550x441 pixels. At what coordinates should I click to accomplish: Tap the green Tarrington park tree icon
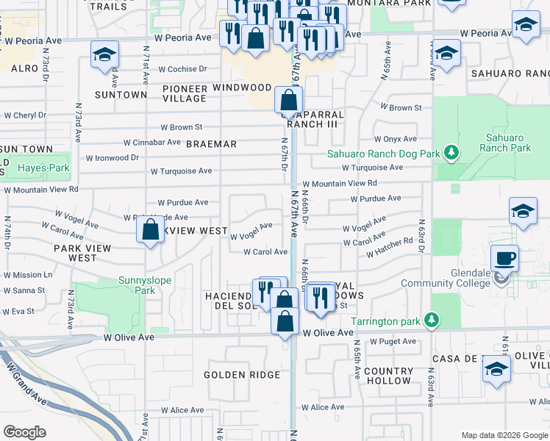[434, 320]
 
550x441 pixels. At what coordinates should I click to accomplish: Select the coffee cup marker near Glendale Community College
[504, 259]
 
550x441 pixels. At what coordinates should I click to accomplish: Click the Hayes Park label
[43, 168]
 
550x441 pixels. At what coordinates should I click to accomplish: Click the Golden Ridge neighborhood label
[242, 375]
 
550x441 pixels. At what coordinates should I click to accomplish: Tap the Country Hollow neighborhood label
[387, 376]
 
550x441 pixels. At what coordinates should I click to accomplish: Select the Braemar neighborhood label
[211, 144]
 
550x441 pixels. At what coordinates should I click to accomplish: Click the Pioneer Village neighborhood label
[185, 93]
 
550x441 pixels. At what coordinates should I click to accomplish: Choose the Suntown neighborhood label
[121, 95]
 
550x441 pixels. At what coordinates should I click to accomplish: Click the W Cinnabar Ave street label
[151, 142]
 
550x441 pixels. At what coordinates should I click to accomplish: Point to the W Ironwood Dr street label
[113, 157]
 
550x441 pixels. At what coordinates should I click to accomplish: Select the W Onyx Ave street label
[395, 139]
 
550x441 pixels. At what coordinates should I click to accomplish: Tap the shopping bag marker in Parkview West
[150, 229]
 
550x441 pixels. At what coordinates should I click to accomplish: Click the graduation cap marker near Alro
[104, 54]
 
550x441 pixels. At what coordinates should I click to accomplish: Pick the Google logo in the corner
[24, 431]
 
